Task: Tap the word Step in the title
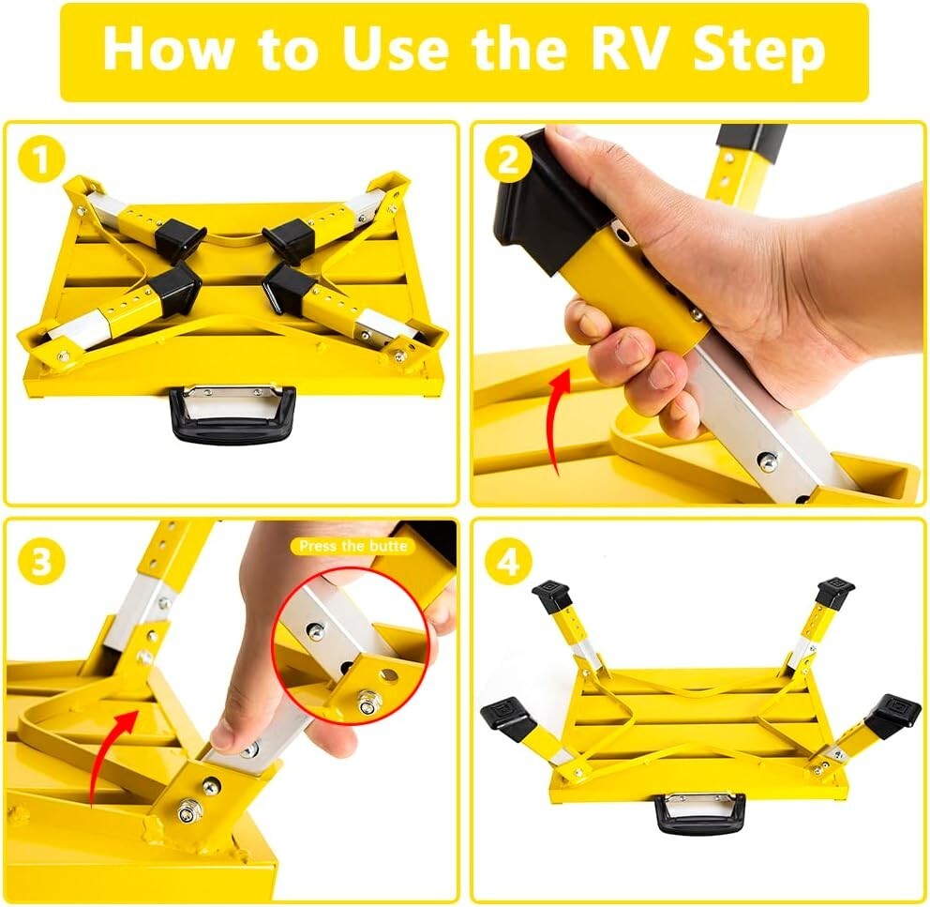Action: click(x=759, y=53)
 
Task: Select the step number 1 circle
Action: click(x=40, y=159)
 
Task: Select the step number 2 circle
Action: click(x=508, y=159)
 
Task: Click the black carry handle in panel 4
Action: click(x=699, y=813)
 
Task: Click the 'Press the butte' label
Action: click(x=353, y=546)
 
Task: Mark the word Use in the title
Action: click(x=395, y=50)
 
